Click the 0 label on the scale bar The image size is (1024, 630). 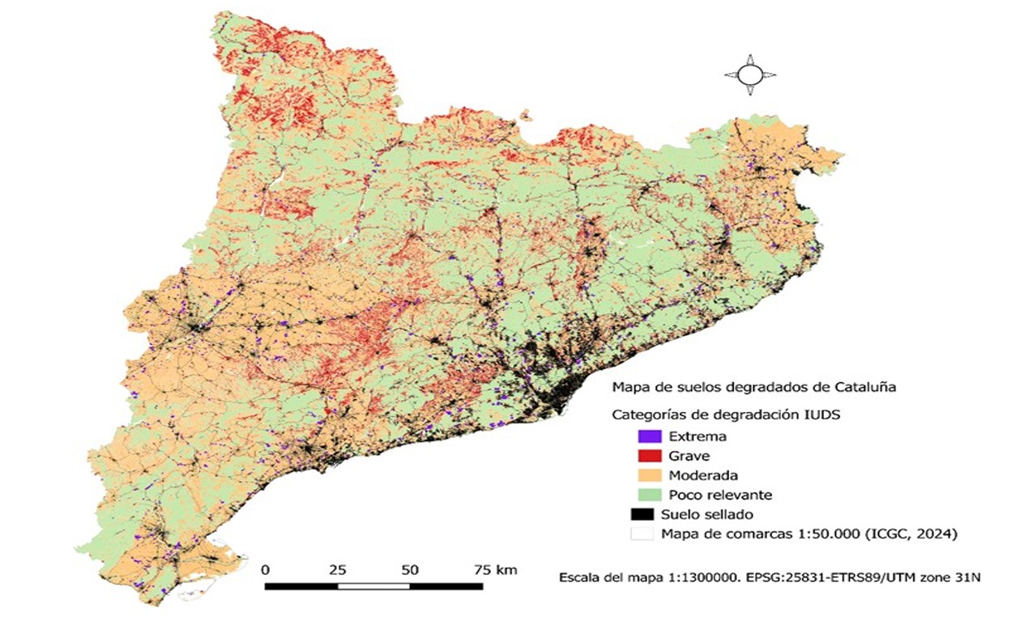point(266,570)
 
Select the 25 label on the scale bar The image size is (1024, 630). point(338,570)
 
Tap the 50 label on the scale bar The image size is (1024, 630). point(410,570)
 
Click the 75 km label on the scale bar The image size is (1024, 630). point(494,570)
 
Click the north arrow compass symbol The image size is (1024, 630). point(749,75)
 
